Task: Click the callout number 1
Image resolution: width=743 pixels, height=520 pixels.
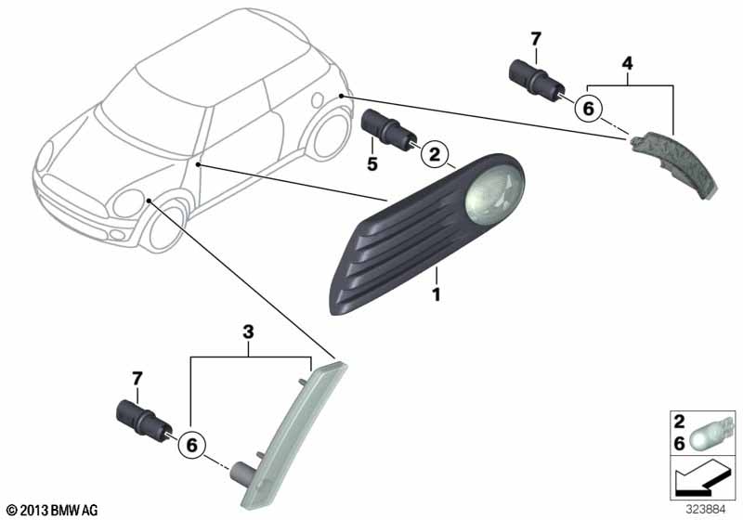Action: pos(436,294)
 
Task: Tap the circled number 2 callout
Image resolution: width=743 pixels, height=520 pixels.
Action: pos(434,153)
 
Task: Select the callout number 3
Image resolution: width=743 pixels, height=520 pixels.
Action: pos(248,332)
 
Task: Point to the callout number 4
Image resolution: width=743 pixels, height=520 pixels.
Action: pos(628,63)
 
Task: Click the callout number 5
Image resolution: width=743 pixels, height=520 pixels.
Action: pos(372,163)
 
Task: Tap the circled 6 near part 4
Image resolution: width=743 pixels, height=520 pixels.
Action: pos(588,109)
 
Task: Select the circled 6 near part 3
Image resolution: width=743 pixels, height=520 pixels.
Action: pos(191,445)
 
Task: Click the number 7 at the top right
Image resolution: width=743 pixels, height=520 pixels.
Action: pos(536,39)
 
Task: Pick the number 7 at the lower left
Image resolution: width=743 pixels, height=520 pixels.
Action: pos(137,379)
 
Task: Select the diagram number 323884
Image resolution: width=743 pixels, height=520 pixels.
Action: pos(706,510)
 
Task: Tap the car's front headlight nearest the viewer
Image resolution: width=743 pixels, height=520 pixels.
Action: pos(128,203)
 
